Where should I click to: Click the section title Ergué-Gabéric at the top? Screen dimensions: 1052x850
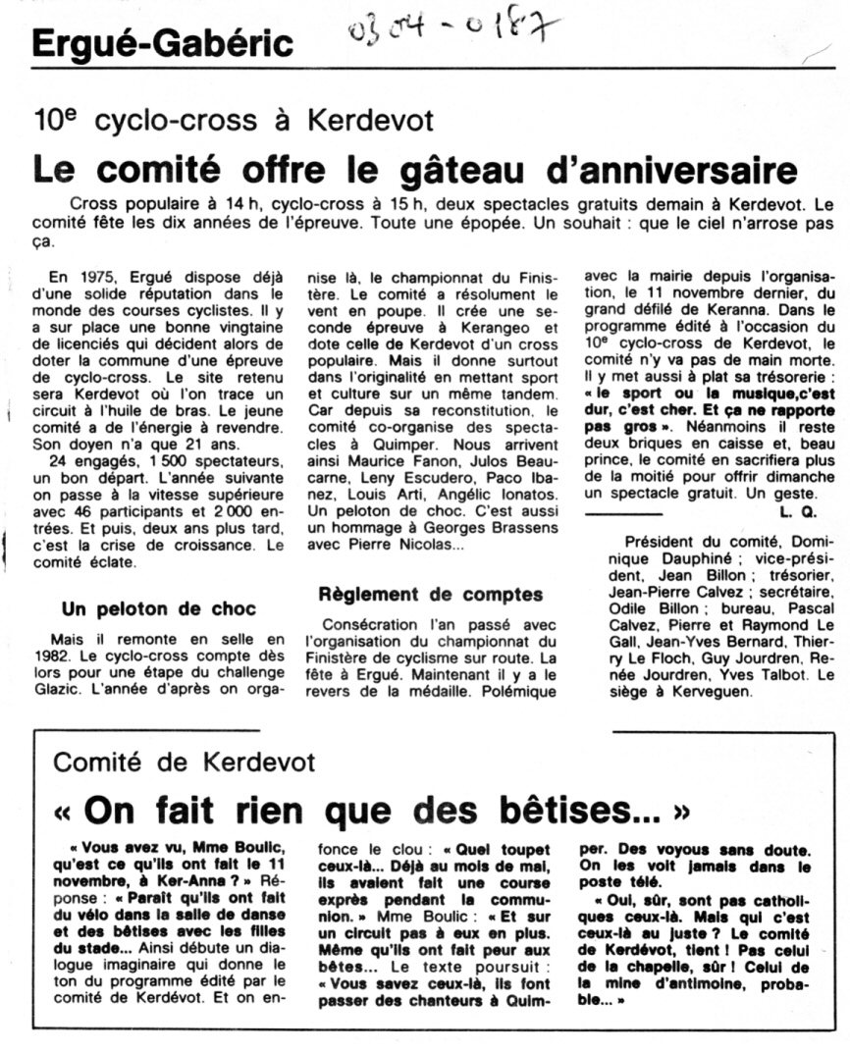(x=162, y=44)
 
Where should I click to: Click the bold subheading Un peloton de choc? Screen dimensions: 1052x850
(x=158, y=608)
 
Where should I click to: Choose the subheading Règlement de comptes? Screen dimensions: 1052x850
(x=431, y=594)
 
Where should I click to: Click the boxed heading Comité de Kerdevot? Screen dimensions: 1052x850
(x=184, y=762)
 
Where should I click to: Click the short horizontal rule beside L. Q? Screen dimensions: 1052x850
(x=623, y=513)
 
